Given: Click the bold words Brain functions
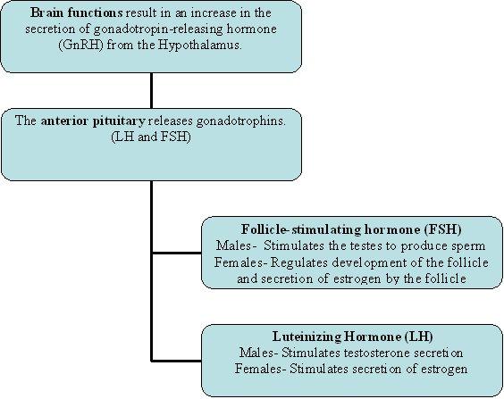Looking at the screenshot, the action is tap(77, 12).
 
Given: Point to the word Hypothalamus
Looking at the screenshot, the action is tap(199, 45).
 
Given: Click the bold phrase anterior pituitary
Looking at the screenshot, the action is tap(93, 121).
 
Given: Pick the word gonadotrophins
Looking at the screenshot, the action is tap(240, 121).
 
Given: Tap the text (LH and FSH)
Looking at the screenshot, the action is tap(151, 137).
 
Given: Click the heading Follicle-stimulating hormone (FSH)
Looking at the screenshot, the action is tap(351, 229).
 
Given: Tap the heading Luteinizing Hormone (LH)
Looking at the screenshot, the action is tap(353, 337).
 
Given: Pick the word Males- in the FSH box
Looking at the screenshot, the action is tap(237, 245).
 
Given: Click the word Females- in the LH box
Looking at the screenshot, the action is tap(260, 369).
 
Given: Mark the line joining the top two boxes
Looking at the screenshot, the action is tap(151, 90).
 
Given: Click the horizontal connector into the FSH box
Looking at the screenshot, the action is tap(176, 253).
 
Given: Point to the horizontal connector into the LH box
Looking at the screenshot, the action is tap(176, 361).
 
